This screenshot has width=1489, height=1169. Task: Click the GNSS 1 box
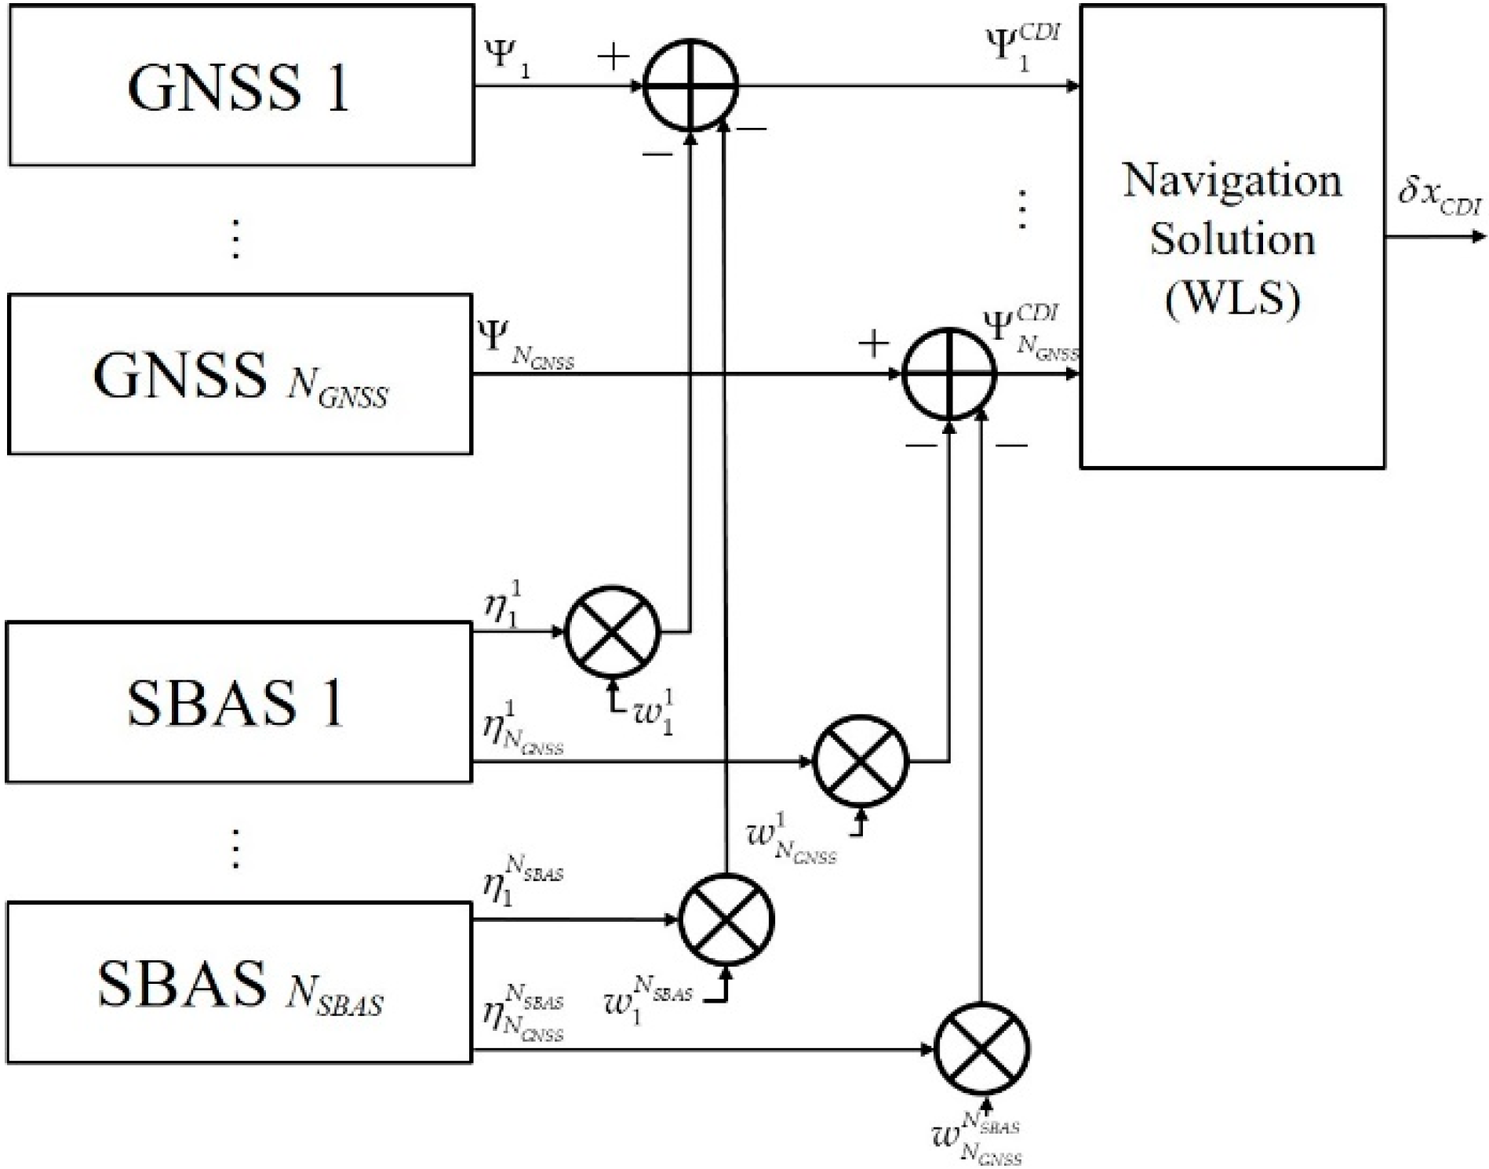point(241,85)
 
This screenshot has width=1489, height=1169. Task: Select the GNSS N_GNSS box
point(239,374)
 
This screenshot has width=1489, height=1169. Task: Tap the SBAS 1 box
point(238,702)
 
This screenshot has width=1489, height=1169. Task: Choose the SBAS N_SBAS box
point(238,982)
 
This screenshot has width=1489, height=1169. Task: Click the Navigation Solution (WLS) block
point(1232,237)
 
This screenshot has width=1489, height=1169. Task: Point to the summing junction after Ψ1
point(690,85)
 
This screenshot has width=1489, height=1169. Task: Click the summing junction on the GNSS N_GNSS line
point(949,374)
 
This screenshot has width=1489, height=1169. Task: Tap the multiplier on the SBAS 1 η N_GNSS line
point(861,761)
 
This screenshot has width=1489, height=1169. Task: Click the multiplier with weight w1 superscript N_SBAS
point(726,920)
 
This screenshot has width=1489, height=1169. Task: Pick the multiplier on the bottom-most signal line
point(981,1050)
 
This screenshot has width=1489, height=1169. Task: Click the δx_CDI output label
point(1440,195)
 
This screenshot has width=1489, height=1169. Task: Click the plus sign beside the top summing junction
point(613,57)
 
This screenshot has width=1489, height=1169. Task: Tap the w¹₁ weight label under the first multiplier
point(654,711)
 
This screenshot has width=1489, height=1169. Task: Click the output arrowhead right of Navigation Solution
point(1478,237)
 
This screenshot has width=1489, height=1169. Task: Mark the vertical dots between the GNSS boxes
point(235,239)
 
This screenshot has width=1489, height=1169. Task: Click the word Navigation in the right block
point(1232,180)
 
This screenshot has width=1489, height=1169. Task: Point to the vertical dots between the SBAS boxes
point(235,849)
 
